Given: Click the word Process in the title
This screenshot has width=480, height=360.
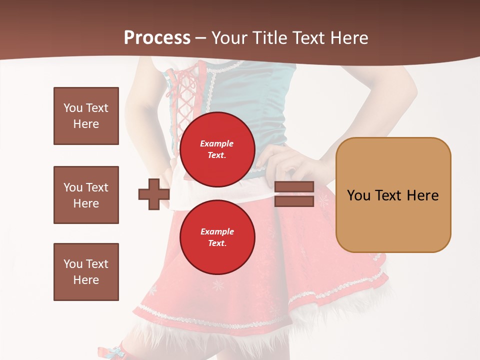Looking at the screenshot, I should [x=157, y=38].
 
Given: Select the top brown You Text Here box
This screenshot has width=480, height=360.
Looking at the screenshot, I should [x=86, y=116].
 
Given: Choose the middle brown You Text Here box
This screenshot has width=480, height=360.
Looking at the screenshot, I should [x=86, y=195].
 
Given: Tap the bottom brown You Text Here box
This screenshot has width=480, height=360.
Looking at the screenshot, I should [x=86, y=272].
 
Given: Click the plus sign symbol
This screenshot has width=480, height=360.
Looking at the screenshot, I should [x=154, y=194].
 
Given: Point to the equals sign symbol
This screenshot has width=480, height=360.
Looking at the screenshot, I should [x=294, y=194].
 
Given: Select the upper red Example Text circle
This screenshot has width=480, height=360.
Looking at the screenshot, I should [x=217, y=149].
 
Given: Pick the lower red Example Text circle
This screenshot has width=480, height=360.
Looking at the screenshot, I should [x=217, y=237].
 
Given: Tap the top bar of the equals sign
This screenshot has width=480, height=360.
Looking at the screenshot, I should [x=294, y=187].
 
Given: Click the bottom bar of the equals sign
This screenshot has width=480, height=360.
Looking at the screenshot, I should [x=294, y=201].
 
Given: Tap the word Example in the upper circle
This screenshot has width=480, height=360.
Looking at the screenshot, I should [x=217, y=143].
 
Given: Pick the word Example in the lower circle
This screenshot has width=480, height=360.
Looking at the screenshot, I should [x=217, y=231].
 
